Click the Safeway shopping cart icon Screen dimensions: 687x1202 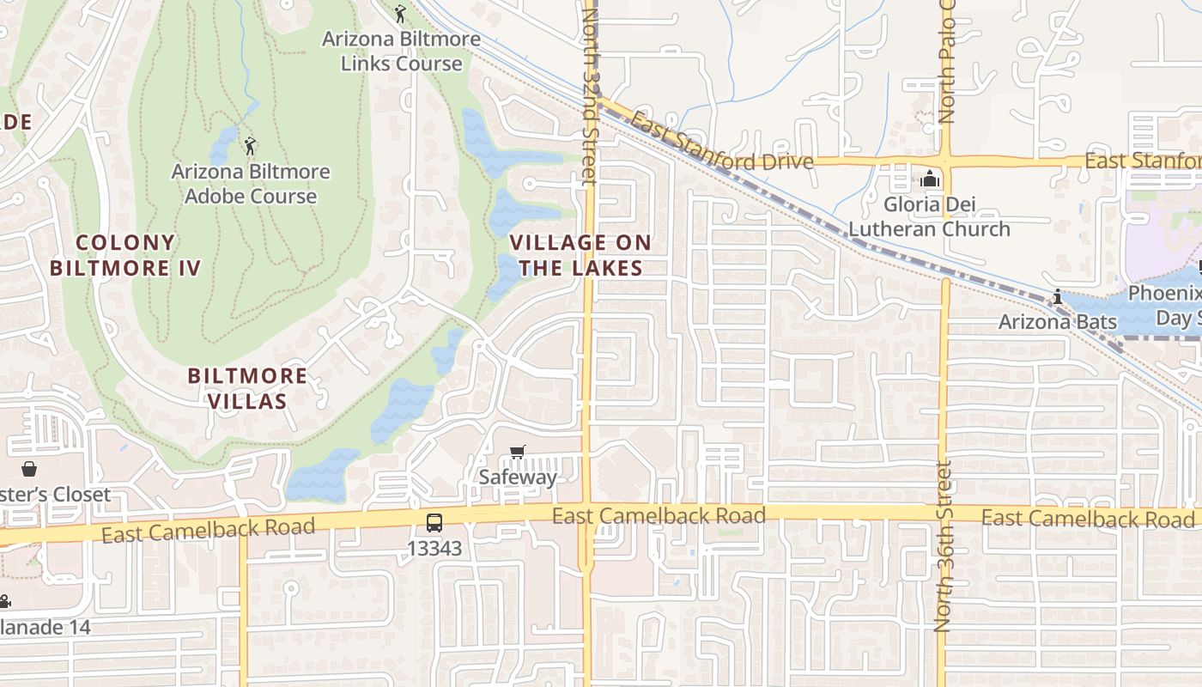coord(517,452)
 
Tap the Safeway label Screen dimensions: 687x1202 coord(518,477)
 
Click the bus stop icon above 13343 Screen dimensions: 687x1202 coord(434,522)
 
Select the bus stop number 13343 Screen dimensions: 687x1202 coord(434,548)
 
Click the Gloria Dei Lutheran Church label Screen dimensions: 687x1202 coord(929,217)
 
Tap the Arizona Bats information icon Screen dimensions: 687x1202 coord(1057,297)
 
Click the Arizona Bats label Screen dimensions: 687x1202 coord(1057,322)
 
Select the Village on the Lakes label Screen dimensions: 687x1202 coord(580,255)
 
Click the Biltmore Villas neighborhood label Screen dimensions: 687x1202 coord(247,388)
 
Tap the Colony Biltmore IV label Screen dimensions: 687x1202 coord(125,255)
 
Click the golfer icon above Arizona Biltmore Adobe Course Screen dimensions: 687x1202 coord(250,146)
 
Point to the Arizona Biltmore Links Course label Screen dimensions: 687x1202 coord(401,52)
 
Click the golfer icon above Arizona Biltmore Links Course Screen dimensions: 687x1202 coord(399,14)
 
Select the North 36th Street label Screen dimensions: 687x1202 coord(944,547)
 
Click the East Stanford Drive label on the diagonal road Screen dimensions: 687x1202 coord(720,142)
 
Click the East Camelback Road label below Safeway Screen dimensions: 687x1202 coord(659,516)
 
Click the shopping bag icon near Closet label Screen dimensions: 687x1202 coord(29,469)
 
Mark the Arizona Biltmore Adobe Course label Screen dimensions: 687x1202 coord(251,184)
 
